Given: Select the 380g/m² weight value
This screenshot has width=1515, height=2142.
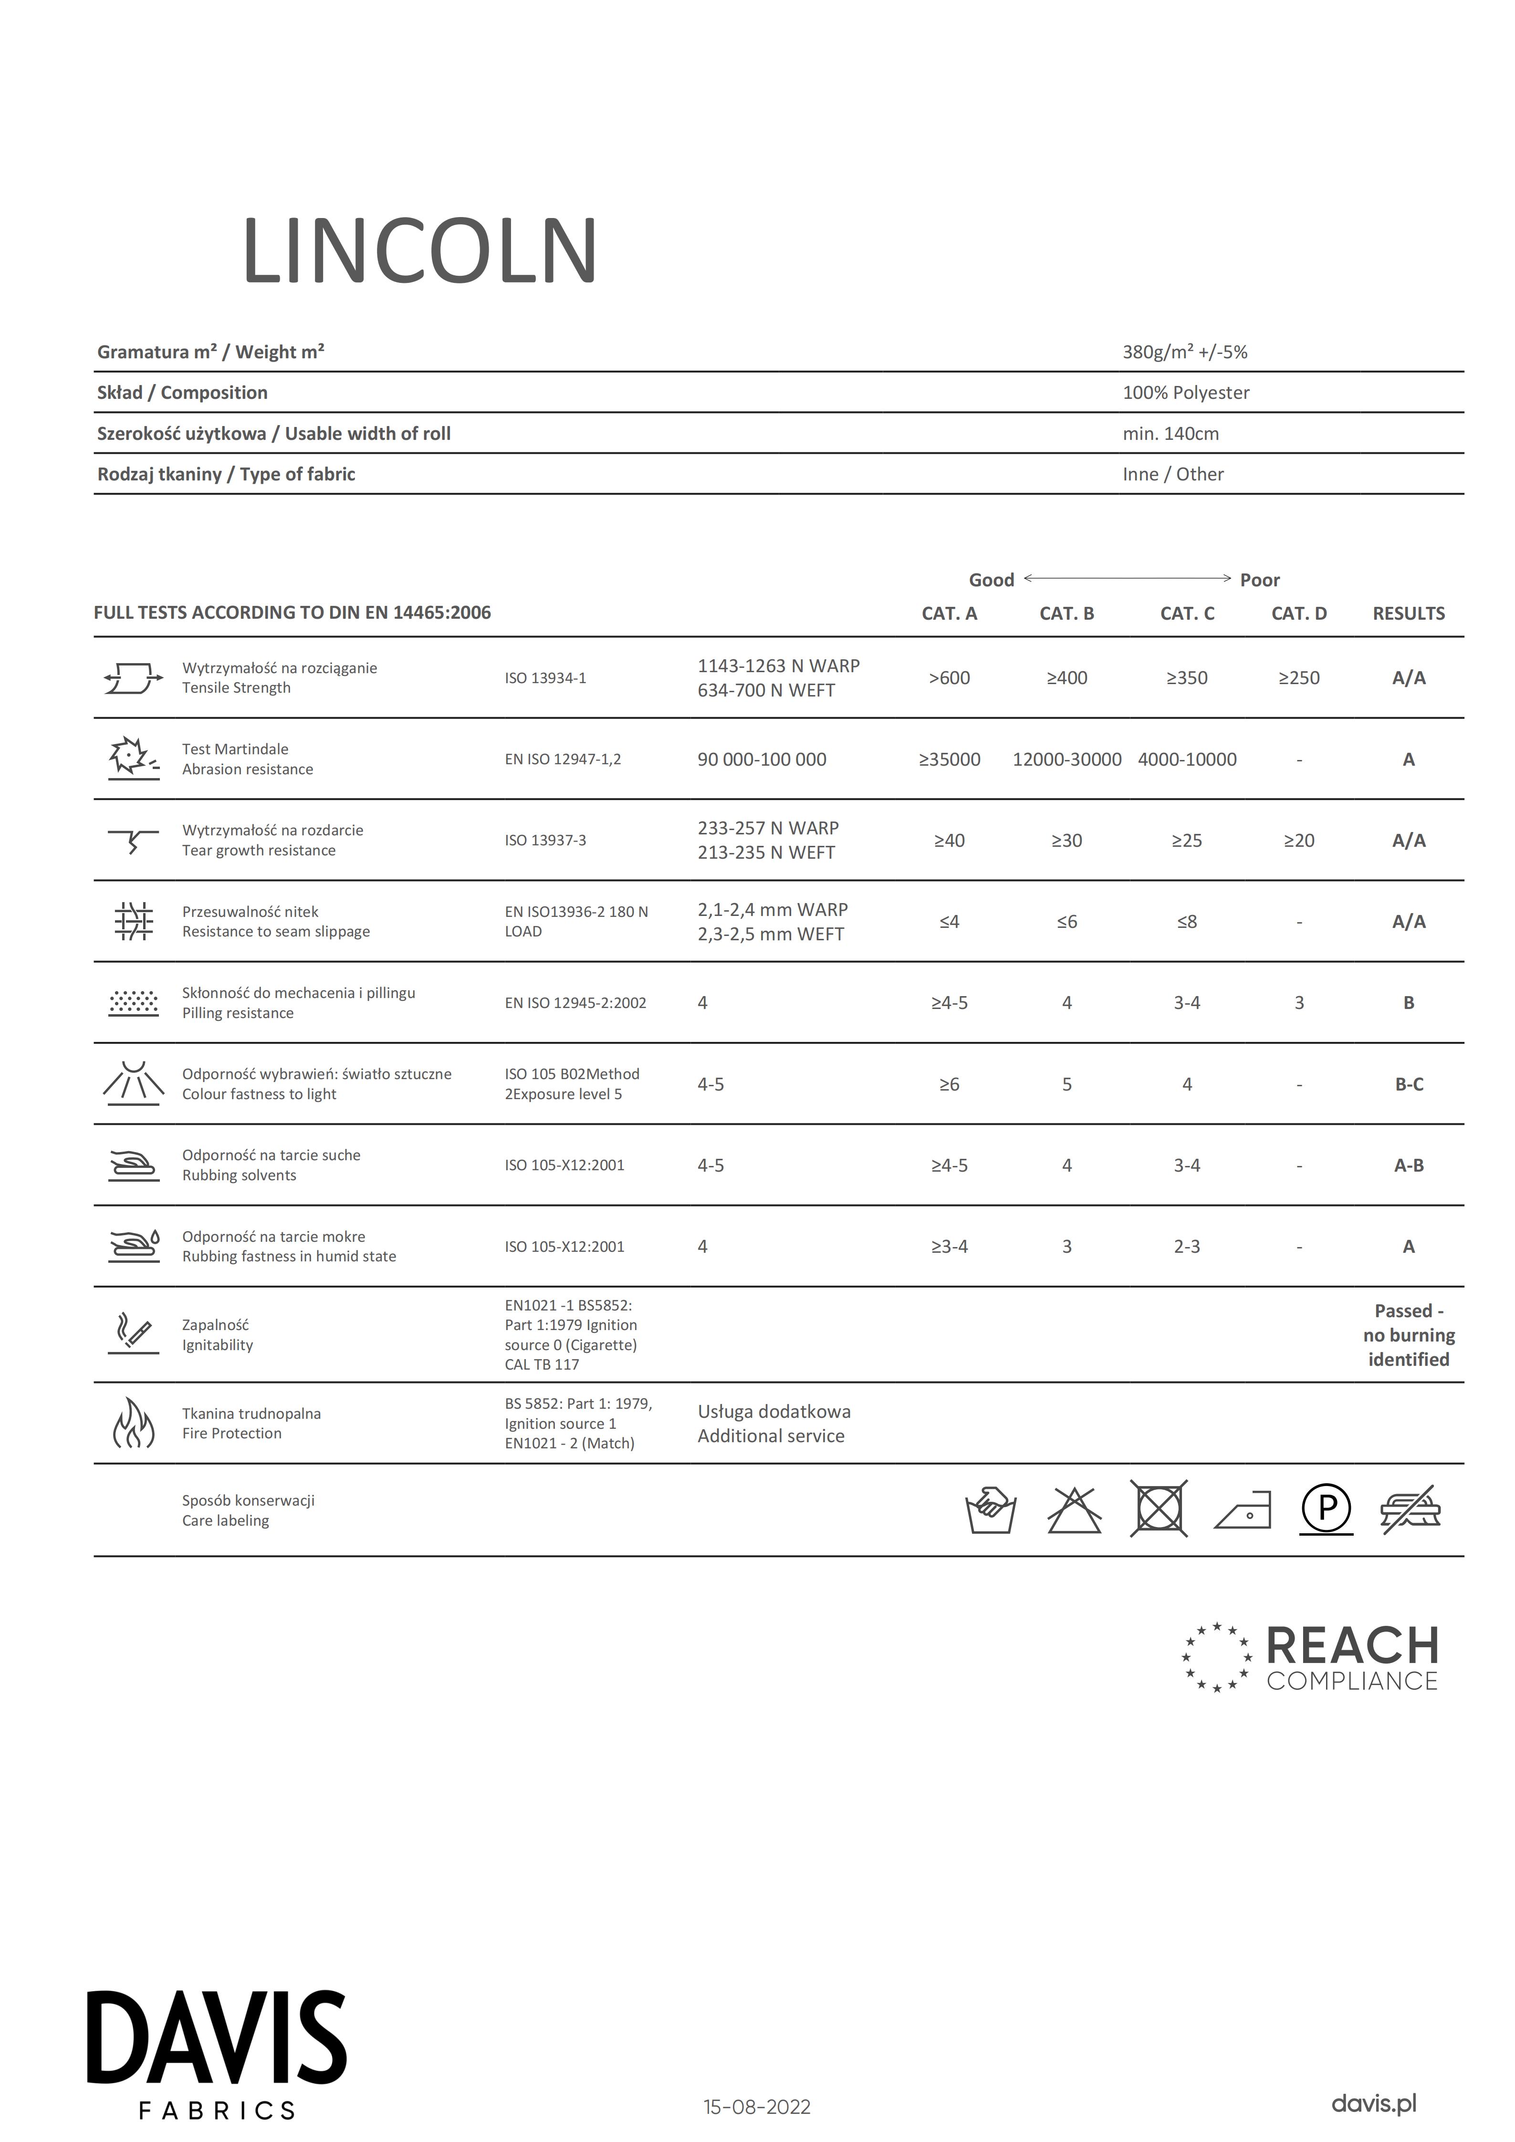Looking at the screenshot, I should tap(1184, 353).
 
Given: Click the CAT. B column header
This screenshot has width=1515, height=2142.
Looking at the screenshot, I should tap(1066, 614).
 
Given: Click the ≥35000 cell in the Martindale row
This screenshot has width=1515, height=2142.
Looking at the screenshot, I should tap(949, 759).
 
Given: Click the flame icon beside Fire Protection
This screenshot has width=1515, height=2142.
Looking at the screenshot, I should tap(134, 1423).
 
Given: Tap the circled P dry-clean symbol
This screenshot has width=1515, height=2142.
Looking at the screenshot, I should tap(1326, 1508).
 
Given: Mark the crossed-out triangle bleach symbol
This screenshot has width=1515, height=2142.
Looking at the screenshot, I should tap(1074, 1508).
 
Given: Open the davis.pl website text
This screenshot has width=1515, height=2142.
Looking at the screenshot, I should tap(1373, 2104).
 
